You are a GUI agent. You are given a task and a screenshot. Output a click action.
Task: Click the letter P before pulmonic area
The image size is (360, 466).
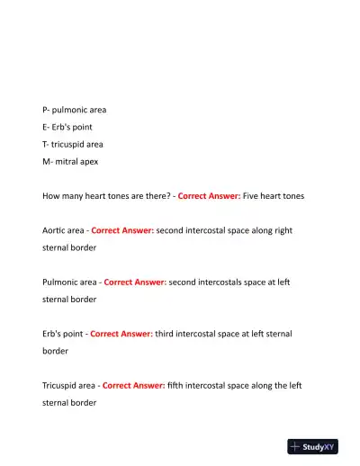click(x=45, y=110)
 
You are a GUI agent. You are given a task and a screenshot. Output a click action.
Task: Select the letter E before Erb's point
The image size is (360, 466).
click(x=45, y=127)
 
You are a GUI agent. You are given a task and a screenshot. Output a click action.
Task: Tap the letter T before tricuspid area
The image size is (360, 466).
click(x=45, y=144)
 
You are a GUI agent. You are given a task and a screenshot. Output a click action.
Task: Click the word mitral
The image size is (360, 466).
click(x=67, y=161)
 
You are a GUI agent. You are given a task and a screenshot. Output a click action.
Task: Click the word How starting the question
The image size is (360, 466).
click(x=52, y=195)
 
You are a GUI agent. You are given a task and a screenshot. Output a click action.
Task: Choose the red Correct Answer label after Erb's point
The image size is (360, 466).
click(x=121, y=334)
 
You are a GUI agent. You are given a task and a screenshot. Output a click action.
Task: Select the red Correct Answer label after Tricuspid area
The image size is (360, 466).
click(x=133, y=385)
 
